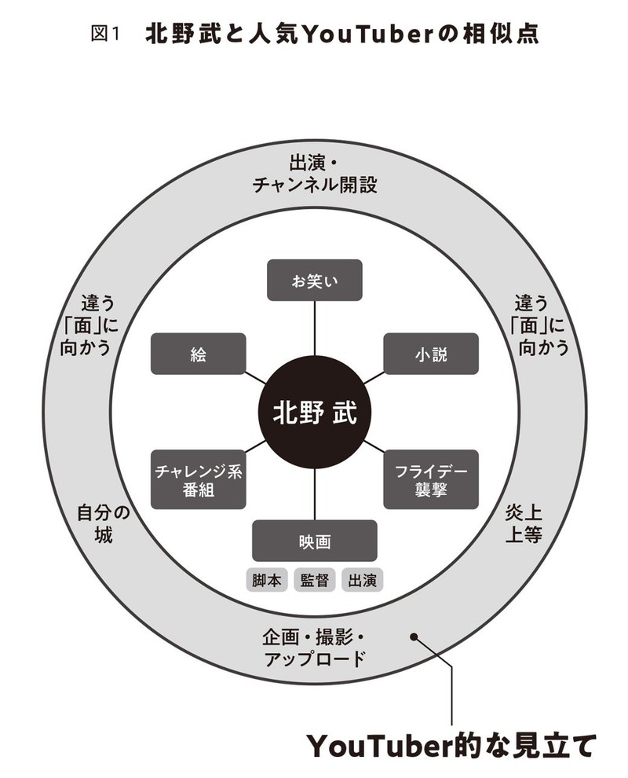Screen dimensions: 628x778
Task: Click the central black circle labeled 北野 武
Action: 314,413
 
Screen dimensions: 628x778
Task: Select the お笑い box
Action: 314,280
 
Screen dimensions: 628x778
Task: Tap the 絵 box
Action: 199,354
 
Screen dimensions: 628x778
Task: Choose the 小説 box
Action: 431,354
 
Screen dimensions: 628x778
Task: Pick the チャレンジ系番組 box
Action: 199,479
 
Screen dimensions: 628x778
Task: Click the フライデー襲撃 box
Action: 431,479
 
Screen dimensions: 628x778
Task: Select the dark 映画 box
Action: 314,541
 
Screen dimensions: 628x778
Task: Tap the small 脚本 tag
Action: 267,580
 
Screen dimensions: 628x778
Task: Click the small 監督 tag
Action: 314,580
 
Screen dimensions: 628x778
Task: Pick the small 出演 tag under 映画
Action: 363,580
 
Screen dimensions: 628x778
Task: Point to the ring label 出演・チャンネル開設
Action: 314,174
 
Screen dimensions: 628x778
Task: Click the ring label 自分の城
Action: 103,524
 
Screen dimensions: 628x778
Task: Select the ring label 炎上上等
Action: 524,524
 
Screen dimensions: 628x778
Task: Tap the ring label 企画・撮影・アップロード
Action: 314,648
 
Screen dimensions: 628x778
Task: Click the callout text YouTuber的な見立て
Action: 450,745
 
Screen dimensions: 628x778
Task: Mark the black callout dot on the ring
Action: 414,637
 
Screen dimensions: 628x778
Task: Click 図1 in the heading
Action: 105,34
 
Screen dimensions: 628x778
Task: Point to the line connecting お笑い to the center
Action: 314,328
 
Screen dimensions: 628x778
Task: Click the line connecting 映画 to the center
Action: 314,494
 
